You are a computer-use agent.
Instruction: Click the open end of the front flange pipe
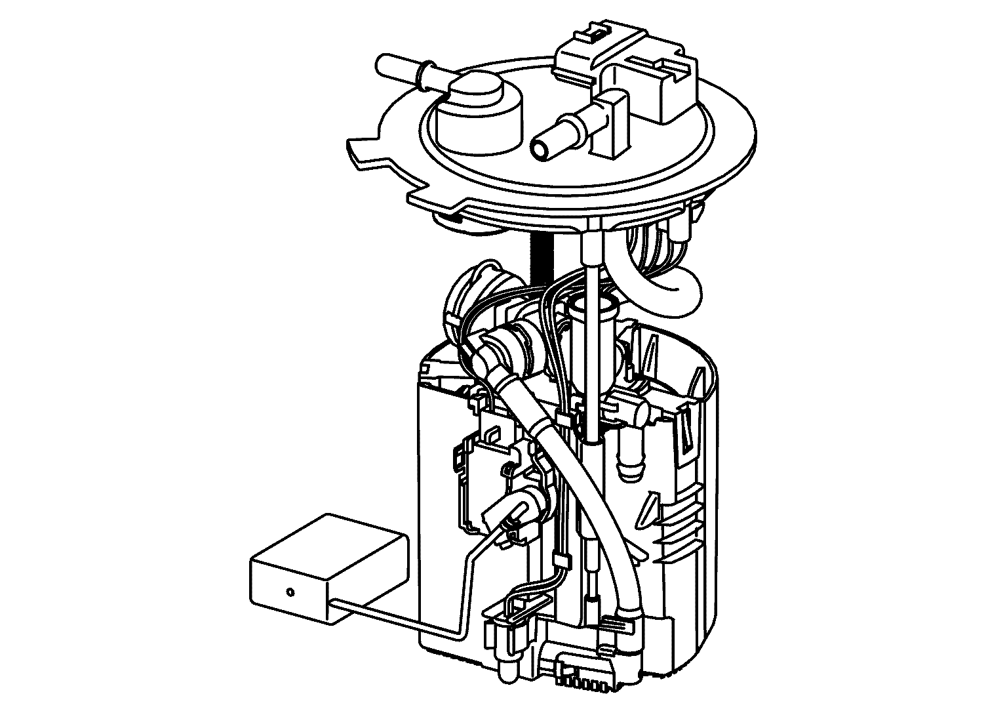(x=540, y=148)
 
